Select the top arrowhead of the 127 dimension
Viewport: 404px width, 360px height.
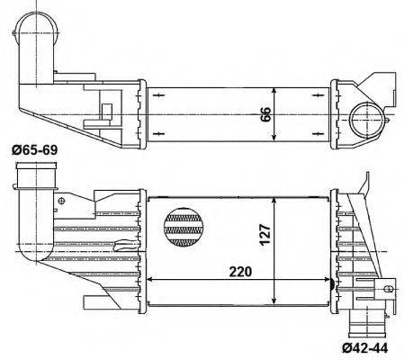pyautogui.click(x=277, y=196)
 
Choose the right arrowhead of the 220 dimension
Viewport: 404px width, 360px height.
pyautogui.click(x=328, y=279)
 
